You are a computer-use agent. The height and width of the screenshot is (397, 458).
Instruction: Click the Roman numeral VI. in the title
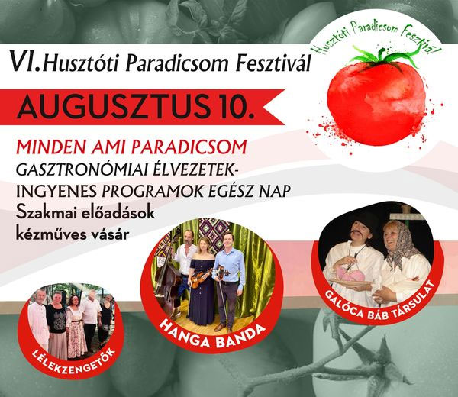[25, 61]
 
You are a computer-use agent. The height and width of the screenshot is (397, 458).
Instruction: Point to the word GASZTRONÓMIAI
[83, 169]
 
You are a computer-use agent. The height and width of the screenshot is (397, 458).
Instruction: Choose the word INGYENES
[56, 192]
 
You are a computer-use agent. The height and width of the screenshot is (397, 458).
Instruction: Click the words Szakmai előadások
[85, 213]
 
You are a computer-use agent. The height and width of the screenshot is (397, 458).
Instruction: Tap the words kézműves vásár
[73, 234]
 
